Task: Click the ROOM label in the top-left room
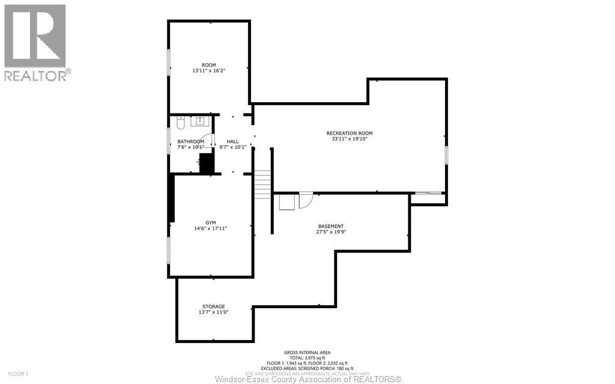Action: (x=208, y=65)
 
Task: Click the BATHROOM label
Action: (x=190, y=141)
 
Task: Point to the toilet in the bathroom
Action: (x=180, y=123)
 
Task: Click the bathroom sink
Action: (x=198, y=122)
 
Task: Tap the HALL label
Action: (x=232, y=141)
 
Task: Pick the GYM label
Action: (x=210, y=222)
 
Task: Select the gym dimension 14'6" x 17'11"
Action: (x=210, y=228)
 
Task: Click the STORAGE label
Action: (x=214, y=306)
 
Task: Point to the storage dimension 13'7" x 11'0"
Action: (x=214, y=312)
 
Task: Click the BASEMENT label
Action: (x=332, y=227)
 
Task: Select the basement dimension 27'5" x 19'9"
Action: (x=332, y=233)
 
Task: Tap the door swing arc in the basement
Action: (x=305, y=200)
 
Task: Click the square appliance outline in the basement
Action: (x=286, y=201)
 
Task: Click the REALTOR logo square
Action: (x=35, y=36)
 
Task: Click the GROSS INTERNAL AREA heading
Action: (x=307, y=353)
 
